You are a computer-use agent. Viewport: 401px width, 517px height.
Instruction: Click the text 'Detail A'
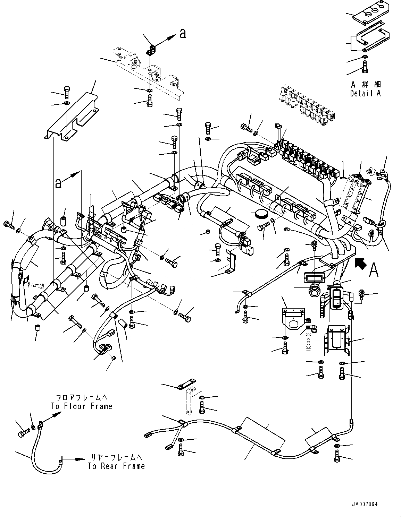coord(365,93)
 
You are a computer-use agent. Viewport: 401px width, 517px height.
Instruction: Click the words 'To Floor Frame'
coord(82,406)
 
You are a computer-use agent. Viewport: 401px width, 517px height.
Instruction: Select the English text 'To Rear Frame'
coord(116,466)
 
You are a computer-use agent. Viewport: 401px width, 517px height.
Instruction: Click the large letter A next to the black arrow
coord(374,270)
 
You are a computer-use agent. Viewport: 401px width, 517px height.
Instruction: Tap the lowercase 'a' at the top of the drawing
coord(183,34)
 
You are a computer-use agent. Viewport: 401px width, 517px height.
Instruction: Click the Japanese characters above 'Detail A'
coord(365,84)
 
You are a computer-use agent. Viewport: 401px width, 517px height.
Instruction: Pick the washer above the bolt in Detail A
coord(364,57)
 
